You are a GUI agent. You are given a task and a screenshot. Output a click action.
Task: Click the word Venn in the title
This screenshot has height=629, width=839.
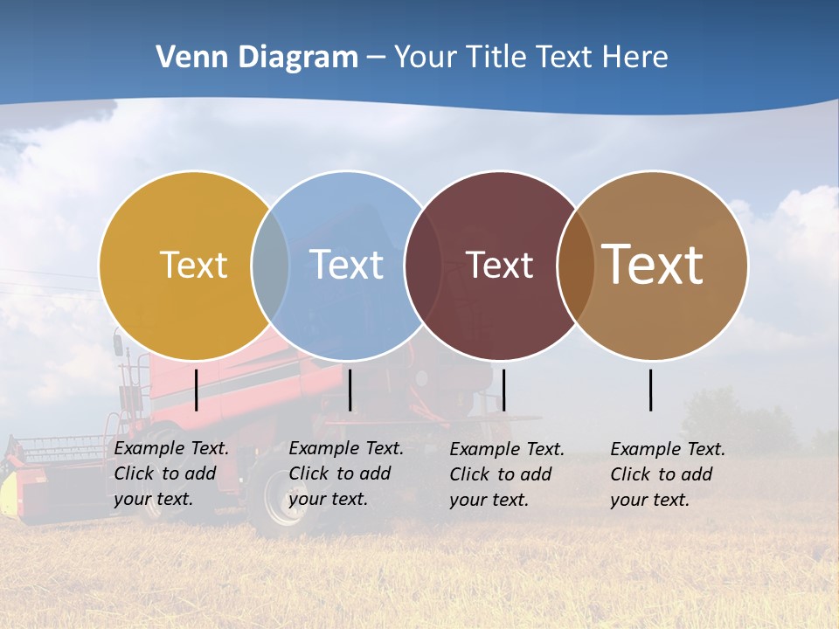point(184,58)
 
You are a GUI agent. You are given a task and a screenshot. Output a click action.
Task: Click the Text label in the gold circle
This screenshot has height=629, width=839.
point(193,265)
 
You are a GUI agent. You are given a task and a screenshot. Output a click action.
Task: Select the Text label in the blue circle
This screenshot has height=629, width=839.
point(347,265)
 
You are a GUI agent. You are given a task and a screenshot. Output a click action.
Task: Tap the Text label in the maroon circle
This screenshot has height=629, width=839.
point(500,265)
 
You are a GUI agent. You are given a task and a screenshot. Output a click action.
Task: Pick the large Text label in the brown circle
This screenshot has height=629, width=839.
point(653,265)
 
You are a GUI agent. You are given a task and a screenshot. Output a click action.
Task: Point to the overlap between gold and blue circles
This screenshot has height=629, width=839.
point(270,265)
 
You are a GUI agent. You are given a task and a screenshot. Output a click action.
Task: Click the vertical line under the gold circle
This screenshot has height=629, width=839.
point(197,390)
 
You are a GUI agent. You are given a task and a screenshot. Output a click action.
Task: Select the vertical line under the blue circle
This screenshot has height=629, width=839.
point(350,390)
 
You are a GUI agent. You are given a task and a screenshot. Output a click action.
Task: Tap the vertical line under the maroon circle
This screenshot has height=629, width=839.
point(503,390)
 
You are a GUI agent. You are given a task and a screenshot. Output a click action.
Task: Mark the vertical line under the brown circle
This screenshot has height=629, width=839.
point(651,390)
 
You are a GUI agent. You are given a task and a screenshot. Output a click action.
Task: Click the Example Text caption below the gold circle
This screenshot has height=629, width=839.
point(170,473)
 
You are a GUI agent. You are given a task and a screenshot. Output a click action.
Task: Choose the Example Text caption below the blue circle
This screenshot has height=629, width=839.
point(345,473)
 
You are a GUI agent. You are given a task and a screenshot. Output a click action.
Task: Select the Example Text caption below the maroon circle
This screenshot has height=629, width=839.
point(506,474)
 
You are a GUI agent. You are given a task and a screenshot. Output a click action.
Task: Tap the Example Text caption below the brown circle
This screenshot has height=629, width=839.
point(667,474)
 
